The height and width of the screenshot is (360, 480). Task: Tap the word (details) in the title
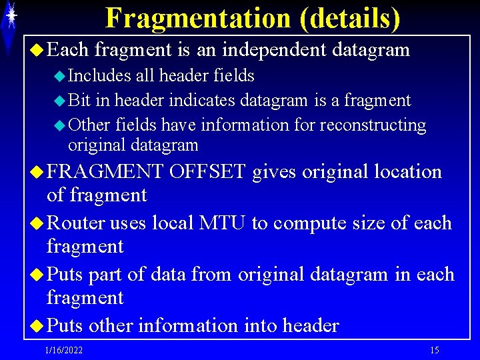(350, 19)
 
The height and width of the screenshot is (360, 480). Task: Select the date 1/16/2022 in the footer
(64, 351)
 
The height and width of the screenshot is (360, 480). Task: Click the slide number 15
(434, 351)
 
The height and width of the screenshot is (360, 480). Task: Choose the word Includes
(100, 76)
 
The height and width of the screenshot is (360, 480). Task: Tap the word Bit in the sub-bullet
(80, 101)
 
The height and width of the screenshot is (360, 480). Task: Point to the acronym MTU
(223, 223)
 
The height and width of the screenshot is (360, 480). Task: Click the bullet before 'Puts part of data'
(39, 275)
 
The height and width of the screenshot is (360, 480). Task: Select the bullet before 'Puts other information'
(39, 326)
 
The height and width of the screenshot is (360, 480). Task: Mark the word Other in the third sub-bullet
(89, 125)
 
